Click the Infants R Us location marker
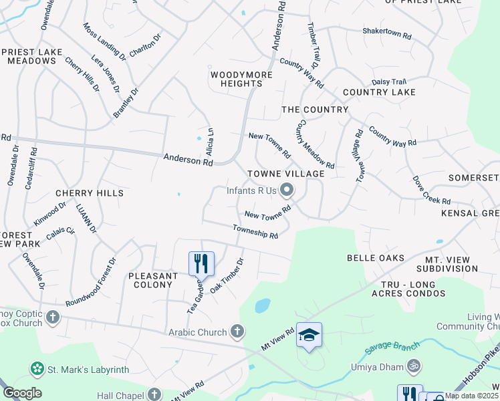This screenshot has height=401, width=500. pos(287,191)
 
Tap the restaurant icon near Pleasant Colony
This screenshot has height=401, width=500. pos(201,263)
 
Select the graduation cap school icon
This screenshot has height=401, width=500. pos(309,334)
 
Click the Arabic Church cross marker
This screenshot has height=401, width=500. pos(237,331)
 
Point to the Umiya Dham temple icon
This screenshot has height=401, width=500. pos(413,366)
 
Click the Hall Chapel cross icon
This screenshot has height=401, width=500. pos(154,394)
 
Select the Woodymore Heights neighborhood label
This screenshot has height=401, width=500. pos(241,79)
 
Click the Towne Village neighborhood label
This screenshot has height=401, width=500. pos(285,174)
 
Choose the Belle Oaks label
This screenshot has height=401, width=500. pos(375,258)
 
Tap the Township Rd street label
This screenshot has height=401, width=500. pos(255,231)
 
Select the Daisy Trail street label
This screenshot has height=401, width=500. pos(389,82)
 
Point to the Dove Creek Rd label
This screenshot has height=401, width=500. pos(430,191)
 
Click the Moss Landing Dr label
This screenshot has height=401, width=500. pos(104,39)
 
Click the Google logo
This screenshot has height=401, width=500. pos(22,393)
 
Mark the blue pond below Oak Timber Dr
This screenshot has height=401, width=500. pos(263,305)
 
